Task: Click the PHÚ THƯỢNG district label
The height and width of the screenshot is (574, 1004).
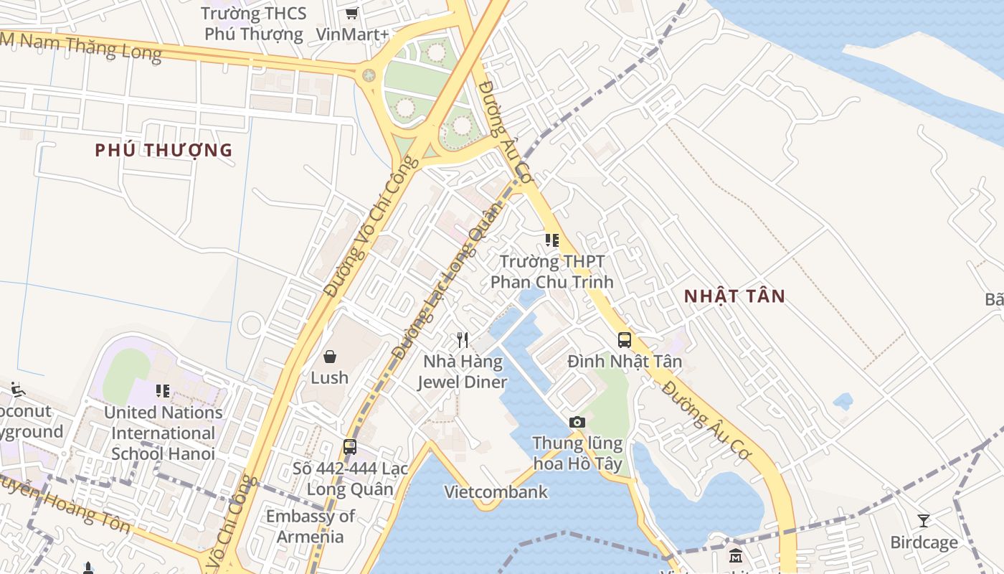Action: tap(164, 150)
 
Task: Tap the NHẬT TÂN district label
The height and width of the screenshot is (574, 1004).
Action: tap(734, 296)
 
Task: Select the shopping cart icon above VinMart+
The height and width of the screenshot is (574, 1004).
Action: tap(351, 13)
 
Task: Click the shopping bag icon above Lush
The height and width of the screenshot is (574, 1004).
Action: tap(330, 356)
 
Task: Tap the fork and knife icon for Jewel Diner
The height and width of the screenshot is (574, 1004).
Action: tap(463, 339)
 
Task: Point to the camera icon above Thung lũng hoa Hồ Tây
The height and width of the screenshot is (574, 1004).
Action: tap(577, 422)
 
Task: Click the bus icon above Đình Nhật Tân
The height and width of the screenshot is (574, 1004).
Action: tap(625, 339)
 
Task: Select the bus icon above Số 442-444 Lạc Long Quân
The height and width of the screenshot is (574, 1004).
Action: tap(350, 447)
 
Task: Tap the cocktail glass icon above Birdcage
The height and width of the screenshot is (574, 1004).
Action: tap(924, 520)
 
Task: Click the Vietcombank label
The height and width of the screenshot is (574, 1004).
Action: tap(496, 492)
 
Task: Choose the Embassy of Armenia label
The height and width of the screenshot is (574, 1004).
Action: tap(311, 527)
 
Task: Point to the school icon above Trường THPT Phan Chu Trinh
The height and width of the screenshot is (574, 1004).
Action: tap(551, 240)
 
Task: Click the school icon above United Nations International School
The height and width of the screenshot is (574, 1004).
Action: tap(163, 391)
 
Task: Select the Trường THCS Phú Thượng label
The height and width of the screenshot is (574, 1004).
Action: tap(254, 24)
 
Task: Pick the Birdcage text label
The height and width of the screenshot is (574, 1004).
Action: tap(924, 542)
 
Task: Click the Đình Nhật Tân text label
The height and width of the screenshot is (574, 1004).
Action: tap(625, 361)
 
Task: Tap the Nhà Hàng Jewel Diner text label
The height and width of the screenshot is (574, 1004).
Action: tap(463, 372)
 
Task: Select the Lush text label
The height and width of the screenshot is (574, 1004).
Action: tap(330, 377)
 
